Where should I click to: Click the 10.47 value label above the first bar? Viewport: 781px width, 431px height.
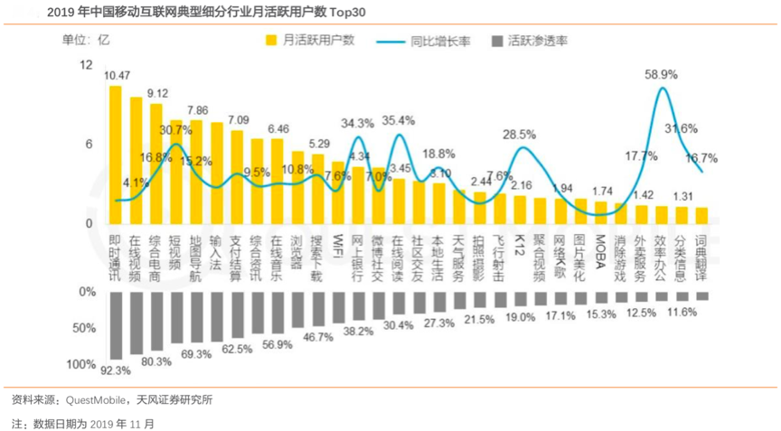point(118,75)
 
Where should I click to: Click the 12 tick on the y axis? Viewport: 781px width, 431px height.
point(87,65)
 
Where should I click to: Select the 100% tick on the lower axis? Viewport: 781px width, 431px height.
point(80,364)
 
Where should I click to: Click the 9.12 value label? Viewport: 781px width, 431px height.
point(157,93)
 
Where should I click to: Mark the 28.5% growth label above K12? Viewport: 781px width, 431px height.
point(520,134)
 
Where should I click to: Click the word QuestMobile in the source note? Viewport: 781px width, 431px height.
point(97,399)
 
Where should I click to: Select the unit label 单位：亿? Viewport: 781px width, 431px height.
point(85,41)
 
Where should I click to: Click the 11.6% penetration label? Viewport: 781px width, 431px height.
point(682,312)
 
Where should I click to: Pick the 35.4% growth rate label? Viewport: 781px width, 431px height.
point(399,120)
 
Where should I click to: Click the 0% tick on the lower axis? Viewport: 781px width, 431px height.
point(87,292)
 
